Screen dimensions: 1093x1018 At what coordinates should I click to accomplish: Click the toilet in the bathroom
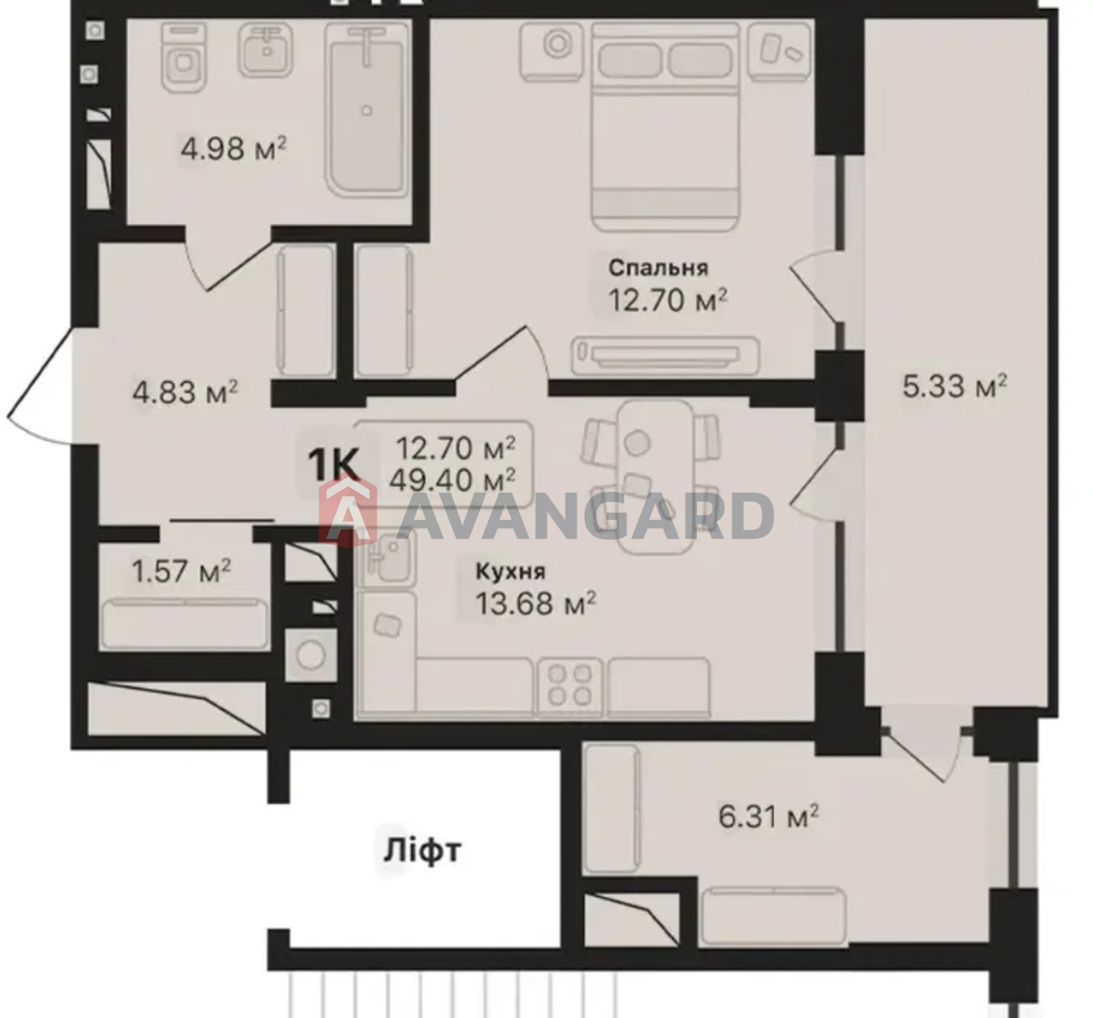[184, 58]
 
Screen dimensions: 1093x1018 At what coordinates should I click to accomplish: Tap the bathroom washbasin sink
[266, 50]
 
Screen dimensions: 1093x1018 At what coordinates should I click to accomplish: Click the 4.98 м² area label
[234, 148]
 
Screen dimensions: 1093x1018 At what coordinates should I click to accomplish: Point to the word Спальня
[659, 268]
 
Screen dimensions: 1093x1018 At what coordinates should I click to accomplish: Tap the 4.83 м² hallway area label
[186, 392]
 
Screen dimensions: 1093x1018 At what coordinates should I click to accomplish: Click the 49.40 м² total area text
[453, 480]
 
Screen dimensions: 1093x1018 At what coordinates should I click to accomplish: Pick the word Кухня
[511, 572]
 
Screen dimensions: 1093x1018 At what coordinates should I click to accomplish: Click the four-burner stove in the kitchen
[569, 687]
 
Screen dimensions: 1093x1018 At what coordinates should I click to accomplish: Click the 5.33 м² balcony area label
[955, 386]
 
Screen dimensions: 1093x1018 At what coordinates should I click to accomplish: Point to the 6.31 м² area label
[769, 816]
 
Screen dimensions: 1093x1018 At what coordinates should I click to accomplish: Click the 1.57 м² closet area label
[181, 571]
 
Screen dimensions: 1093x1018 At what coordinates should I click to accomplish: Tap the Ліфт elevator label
[422, 850]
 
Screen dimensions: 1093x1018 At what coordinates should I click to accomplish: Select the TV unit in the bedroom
[666, 356]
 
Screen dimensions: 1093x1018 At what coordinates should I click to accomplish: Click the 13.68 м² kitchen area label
[536, 604]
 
